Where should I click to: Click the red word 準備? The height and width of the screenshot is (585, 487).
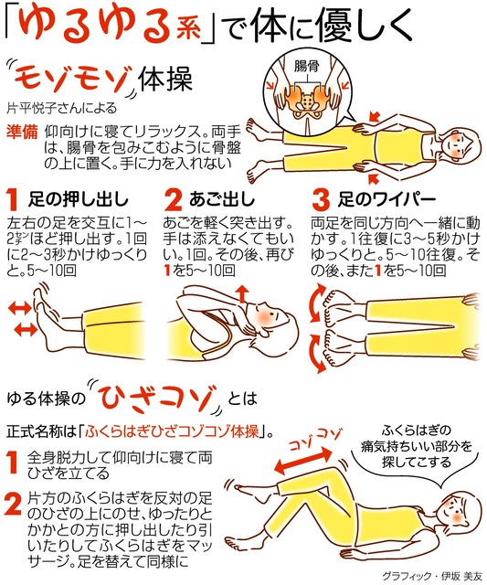point(22,132)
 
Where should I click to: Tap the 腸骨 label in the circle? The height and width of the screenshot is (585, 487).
point(306,66)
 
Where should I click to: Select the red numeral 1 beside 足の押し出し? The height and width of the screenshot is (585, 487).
point(13,200)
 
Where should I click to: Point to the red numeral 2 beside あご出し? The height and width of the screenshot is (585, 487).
point(173,200)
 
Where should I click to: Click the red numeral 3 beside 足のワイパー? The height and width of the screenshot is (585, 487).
point(321,200)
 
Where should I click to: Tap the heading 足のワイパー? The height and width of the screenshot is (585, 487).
point(386,200)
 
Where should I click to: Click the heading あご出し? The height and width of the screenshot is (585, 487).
point(222,200)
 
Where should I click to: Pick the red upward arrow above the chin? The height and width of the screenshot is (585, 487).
point(242,294)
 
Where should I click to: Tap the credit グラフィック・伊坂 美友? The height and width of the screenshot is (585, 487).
point(432,576)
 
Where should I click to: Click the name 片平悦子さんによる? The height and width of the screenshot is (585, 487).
point(61,108)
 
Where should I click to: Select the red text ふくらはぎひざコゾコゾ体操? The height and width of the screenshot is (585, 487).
point(172,431)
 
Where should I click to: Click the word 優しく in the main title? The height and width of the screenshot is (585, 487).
point(362,26)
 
